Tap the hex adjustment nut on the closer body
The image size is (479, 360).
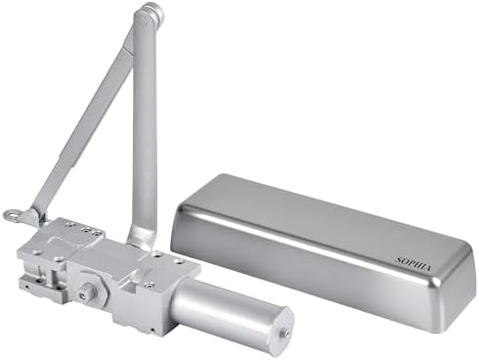(x=89, y=291)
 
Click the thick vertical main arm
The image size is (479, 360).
(x=145, y=127)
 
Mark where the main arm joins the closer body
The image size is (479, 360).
(x=143, y=238)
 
